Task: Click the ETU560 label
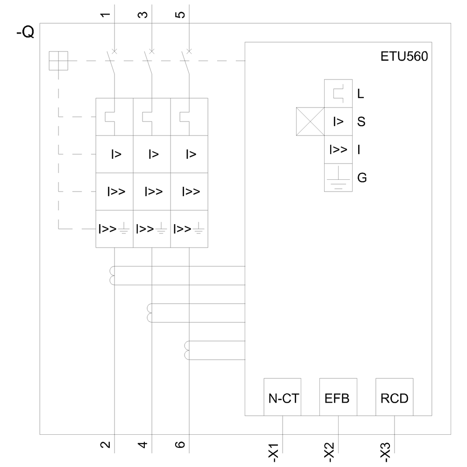point(404,57)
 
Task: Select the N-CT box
point(283,397)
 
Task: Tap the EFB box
point(338,397)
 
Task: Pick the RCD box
point(394,397)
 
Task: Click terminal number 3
point(144,14)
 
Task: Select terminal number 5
point(181,14)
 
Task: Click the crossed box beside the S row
point(310,122)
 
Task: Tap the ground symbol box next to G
point(338,177)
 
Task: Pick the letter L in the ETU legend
point(361,94)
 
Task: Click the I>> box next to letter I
point(338,150)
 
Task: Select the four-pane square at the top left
point(58,61)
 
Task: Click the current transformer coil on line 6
point(187,351)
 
